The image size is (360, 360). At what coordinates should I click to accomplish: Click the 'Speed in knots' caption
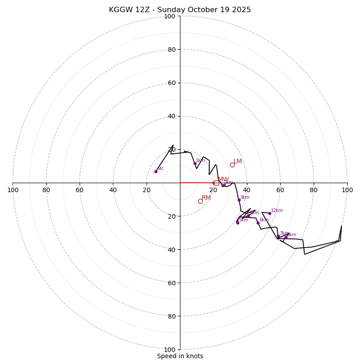tap(180, 356)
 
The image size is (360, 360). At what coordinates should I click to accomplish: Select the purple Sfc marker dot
tap(156, 171)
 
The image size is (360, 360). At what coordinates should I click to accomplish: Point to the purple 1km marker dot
tap(195, 163)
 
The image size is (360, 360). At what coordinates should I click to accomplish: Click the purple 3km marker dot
tap(239, 200)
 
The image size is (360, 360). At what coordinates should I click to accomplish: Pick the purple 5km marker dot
tap(238, 223)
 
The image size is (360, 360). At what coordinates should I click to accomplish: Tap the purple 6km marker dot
tap(258, 223)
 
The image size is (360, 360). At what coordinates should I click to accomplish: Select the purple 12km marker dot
tap(270, 213)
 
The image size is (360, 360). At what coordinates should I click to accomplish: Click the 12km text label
tap(277, 210)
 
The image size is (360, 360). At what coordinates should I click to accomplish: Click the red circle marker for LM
tap(232, 165)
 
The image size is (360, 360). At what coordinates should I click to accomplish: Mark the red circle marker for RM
tap(200, 201)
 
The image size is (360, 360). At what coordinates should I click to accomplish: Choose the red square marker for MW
tap(216, 183)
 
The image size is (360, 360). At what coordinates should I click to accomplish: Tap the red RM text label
tap(206, 198)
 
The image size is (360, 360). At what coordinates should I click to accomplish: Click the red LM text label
tap(238, 161)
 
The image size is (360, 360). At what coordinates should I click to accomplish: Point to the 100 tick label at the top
tap(170, 17)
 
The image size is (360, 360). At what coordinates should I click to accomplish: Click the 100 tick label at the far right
tap(347, 190)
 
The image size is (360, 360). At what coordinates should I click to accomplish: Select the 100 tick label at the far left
tap(13, 190)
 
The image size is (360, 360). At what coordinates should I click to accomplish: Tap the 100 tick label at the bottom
tap(170, 350)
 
